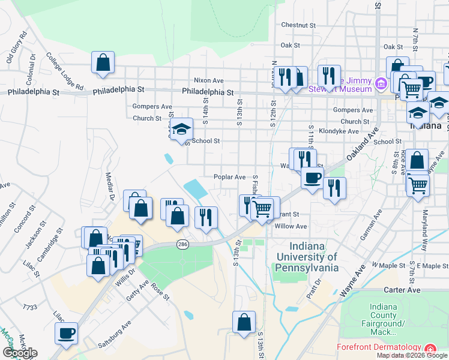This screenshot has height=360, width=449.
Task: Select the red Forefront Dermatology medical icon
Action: [x=430, y=348]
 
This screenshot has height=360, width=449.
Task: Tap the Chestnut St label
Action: [x=298, y=25]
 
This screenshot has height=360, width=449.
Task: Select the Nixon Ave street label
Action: [x=208, y=80]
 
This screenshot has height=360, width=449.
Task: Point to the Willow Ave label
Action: [x=291, y=226]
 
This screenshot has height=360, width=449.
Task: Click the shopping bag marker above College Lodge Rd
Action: [x=103, y=62]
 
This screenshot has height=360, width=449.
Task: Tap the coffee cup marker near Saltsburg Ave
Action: [x=66, y=333]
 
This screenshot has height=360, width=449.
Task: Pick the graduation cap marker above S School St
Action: [x=181, y=130]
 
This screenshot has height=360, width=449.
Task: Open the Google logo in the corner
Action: [x=20, y=353]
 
